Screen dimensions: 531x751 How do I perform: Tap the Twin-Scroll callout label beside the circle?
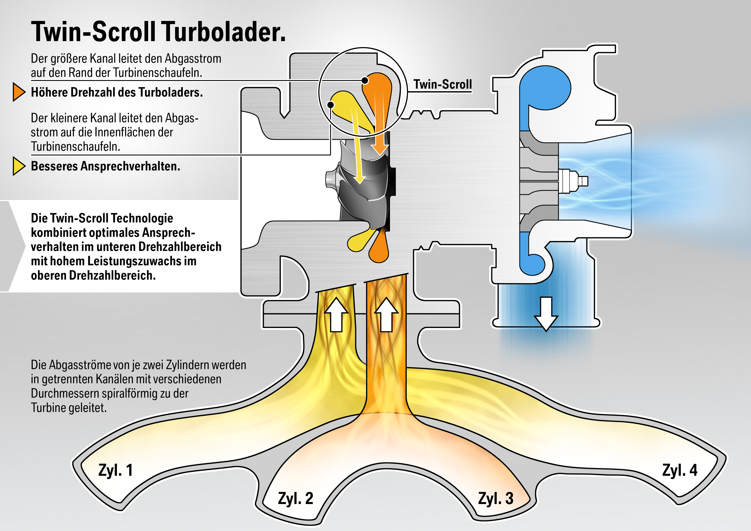coord(443,84)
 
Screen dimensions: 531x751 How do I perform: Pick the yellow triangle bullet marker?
coord(19,166)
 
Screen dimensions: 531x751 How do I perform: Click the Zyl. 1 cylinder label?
coord(115,470)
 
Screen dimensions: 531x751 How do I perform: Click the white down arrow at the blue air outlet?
coord(546,314)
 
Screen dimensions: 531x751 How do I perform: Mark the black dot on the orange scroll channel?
coord(365,80)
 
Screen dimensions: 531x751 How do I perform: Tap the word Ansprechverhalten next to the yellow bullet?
coord(130,166)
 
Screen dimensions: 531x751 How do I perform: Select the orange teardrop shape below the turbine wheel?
coord(379,249)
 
